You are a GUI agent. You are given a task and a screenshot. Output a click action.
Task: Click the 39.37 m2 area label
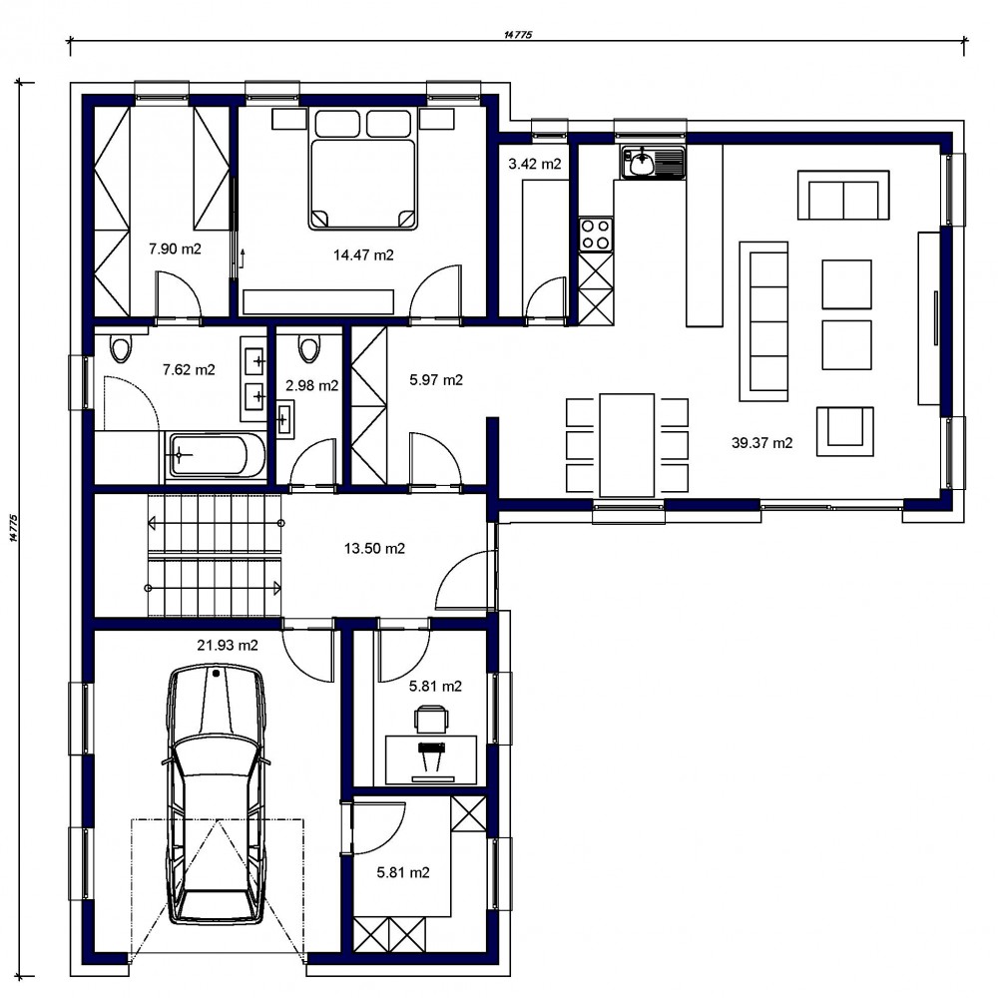click(x=761, y=443)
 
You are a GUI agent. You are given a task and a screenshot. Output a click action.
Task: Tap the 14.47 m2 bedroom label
click(x=363, y=255)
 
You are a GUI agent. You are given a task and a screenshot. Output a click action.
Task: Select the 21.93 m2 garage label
click(x=228, y=646)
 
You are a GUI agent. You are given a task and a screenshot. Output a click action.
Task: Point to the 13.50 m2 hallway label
click(x=374, y=548)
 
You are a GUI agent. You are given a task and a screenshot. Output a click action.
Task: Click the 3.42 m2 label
click(x=535, y=165)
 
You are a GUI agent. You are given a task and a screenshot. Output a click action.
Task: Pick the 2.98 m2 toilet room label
click(x=311, y=385)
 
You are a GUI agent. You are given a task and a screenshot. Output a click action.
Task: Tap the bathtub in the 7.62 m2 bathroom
click(x=216, y=455)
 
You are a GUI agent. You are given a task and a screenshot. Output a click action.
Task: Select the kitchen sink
click(x=653, y=162)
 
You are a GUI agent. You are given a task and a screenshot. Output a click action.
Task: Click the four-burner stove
click(x=596, y=235)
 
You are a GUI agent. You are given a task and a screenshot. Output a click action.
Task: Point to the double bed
click(x=363, y=169)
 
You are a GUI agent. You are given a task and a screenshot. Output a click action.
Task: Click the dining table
click(x=627, y=445)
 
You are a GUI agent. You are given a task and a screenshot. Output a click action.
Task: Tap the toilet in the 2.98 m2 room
click(x=309, y=348)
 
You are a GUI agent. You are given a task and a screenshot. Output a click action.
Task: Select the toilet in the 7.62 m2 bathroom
click(x=121, y=347)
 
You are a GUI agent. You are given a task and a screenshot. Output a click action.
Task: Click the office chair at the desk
click(x=431, y=720)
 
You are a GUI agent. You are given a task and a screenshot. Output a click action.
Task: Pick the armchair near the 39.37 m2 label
click(x=845, y=431)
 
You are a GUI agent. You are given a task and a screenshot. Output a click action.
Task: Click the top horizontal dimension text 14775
click(x=518, y=35)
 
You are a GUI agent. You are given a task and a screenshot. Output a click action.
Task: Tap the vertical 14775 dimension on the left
click(x=14, y=528)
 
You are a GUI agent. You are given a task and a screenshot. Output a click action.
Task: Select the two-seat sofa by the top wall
click(x=843, y=195)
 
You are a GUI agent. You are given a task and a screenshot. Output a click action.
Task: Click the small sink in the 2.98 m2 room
click(x=284, y=419)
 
